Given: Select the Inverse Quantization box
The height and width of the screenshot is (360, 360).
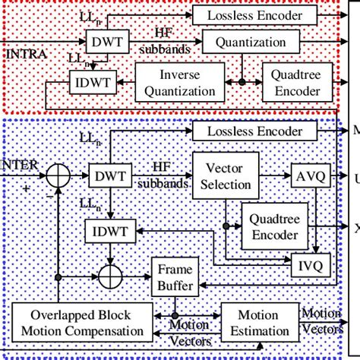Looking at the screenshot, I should pos(180,84).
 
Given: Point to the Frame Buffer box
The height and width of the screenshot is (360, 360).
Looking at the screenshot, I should pos(176,278).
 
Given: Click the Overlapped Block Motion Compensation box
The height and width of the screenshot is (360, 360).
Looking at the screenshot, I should pos(78,323).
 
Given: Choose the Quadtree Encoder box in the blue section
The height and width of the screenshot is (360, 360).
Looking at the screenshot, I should pos(274,226).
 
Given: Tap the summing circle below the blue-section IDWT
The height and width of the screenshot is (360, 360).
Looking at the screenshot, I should pos(111,270).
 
